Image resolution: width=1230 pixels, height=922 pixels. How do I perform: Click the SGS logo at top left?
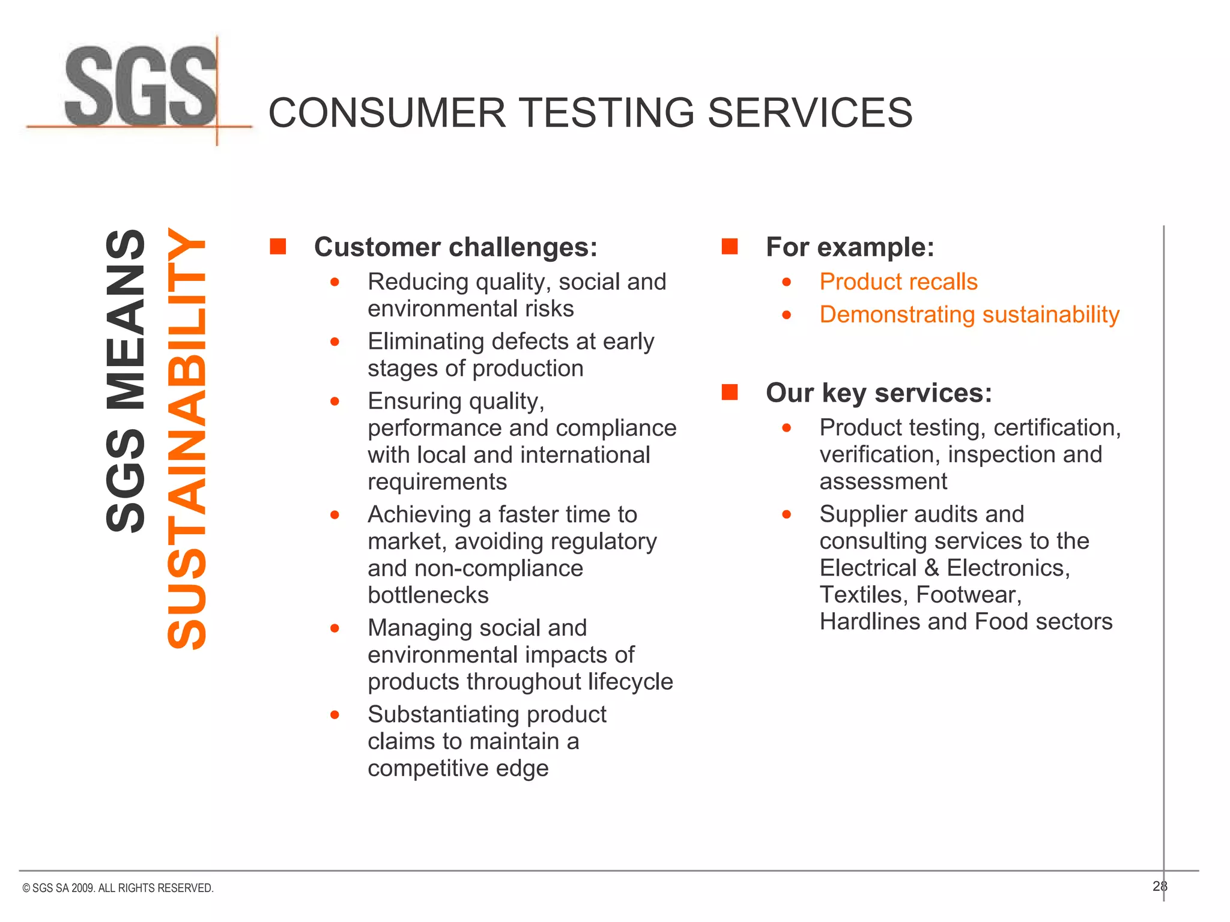(141, 87)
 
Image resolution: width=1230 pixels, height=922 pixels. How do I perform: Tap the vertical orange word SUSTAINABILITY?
(187, 438)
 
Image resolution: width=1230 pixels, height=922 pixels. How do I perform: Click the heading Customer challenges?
(456, 247)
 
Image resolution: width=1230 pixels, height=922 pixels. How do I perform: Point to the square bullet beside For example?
(729, 246)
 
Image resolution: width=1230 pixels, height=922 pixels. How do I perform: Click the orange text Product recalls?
(898, 282)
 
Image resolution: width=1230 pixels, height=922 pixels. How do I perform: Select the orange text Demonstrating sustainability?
(969, 315)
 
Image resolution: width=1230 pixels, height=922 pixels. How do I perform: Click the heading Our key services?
(879, 393)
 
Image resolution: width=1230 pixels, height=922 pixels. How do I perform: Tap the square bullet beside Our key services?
(729, 392)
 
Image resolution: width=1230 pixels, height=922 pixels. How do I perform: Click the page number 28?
(1159, 886)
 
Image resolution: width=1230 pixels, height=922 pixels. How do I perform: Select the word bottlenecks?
(428, 595)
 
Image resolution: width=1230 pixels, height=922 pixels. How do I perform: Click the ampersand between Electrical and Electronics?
(932, 568)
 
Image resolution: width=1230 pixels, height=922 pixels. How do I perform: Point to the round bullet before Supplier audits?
(787, 514)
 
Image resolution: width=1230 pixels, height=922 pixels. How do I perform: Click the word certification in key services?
(1056, 427)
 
